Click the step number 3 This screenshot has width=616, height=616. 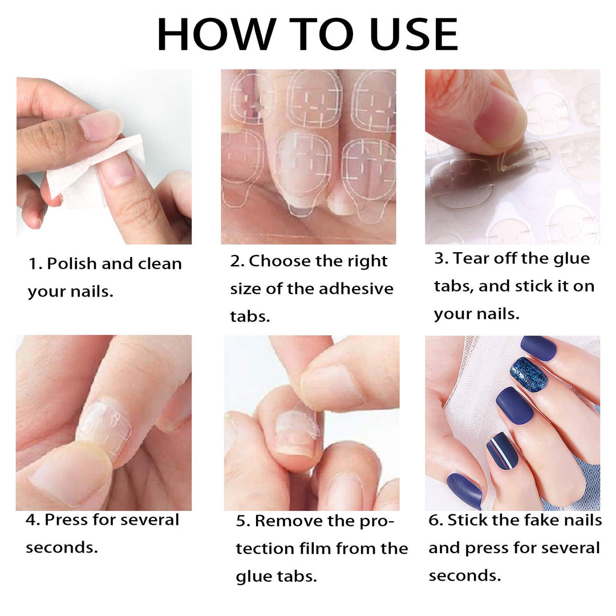tap(439, 258)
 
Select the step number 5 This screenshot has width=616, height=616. tap(242, 521)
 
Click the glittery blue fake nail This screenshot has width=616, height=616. tap(528, 374)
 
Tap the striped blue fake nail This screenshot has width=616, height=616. tap(501, 450)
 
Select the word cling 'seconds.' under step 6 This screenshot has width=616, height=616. tap(464, 576)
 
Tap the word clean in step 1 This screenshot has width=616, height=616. tap(160, 264)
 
